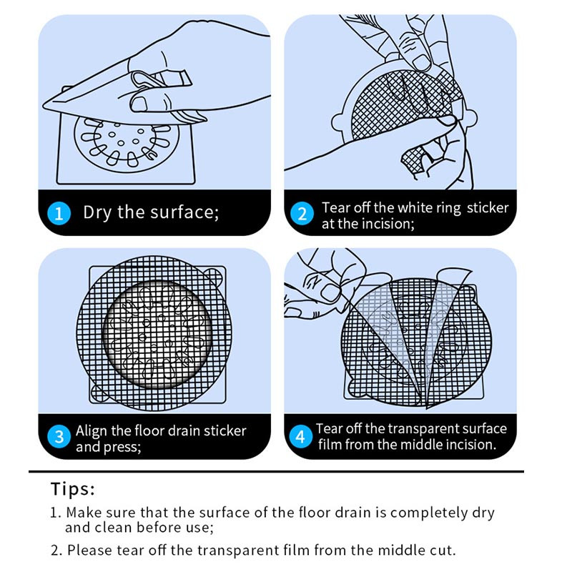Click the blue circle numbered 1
[59, 213]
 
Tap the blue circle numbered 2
[302, 213]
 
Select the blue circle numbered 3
[59, 437]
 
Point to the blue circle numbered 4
[300, 436]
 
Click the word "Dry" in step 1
[97, 212]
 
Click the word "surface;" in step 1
[184, 212]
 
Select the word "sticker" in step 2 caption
[488, 207]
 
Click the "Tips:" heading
[73, 489]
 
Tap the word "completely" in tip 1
[428, 513]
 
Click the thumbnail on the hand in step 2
[421, 63]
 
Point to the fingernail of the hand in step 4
[330, 293]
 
